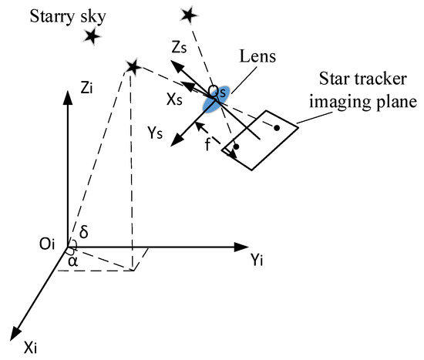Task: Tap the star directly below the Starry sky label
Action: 93,35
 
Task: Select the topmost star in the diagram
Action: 187,14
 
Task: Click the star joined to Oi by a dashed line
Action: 134,68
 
